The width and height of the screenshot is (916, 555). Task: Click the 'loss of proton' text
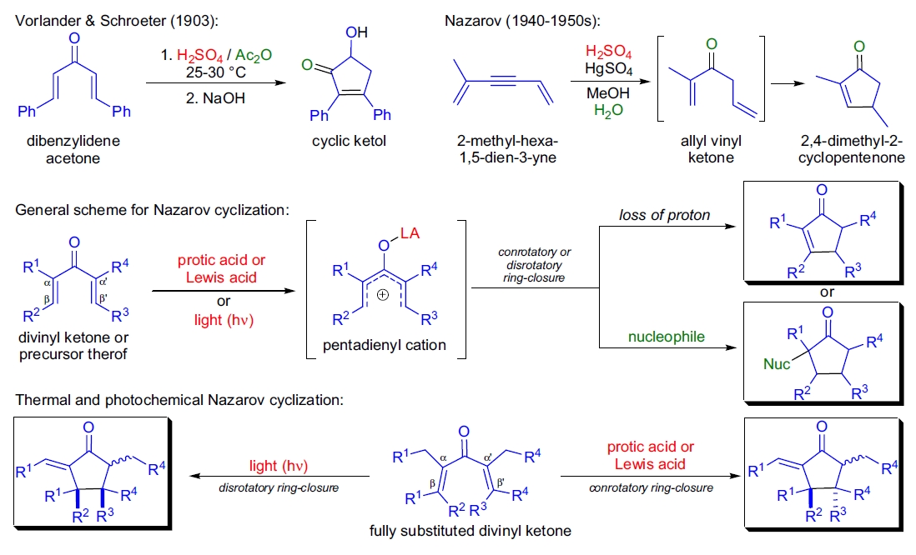pyautogui.click(x=664, y=216)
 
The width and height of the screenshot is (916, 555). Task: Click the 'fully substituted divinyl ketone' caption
pyautogui.click(x=457, y=530)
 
